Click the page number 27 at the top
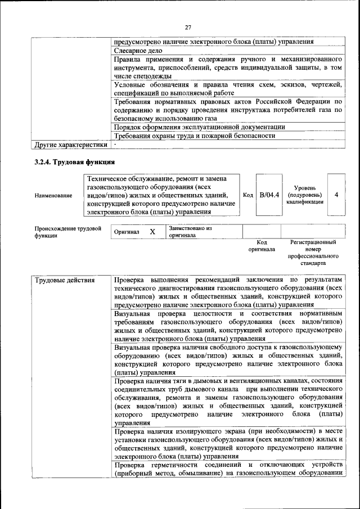pos(188,26)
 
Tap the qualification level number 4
pos(336,195)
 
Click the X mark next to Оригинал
pos(152,232)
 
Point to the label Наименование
pos(53,195)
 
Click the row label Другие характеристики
pos(70,145)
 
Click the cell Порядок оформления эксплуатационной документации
pos(199,127)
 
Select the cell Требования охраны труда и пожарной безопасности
pos(194,136)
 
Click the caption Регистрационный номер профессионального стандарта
pos(313,252)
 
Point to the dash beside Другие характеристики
pos(115,145)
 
